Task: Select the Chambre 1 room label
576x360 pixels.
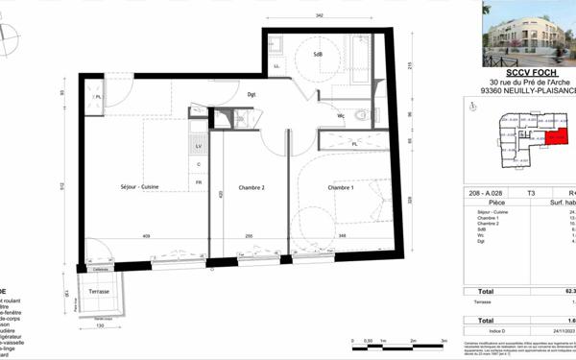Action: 341,187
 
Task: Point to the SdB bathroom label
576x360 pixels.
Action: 318,55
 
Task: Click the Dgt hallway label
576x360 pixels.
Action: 252,94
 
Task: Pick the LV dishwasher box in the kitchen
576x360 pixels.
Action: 199,146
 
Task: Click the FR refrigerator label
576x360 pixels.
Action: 199,181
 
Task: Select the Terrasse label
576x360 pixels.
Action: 100,291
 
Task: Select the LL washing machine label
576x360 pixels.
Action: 277,65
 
